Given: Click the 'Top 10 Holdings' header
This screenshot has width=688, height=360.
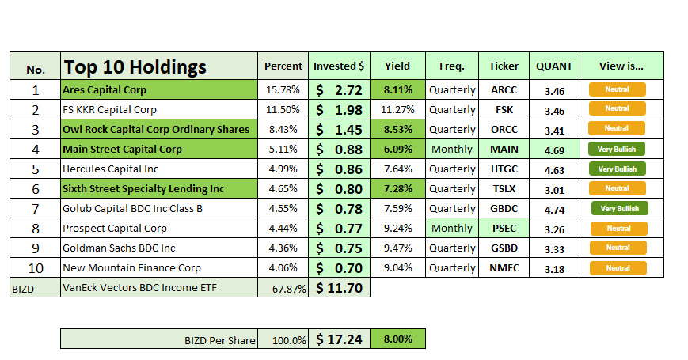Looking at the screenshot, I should [135, 67].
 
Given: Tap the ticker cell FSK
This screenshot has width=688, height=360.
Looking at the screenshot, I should [504, 109].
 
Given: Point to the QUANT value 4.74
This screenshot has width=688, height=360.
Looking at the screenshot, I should [554, 208].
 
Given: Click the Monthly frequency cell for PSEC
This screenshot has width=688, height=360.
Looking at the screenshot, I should [452, 228].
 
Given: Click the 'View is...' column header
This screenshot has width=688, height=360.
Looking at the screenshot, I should [621, 66].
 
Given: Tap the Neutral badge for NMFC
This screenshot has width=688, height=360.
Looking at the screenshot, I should [617, 267].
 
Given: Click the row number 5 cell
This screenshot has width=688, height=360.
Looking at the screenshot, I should [35, 169].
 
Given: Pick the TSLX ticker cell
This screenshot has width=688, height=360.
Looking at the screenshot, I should [504, 188].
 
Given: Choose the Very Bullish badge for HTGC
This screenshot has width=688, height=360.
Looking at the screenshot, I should [617, 169].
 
